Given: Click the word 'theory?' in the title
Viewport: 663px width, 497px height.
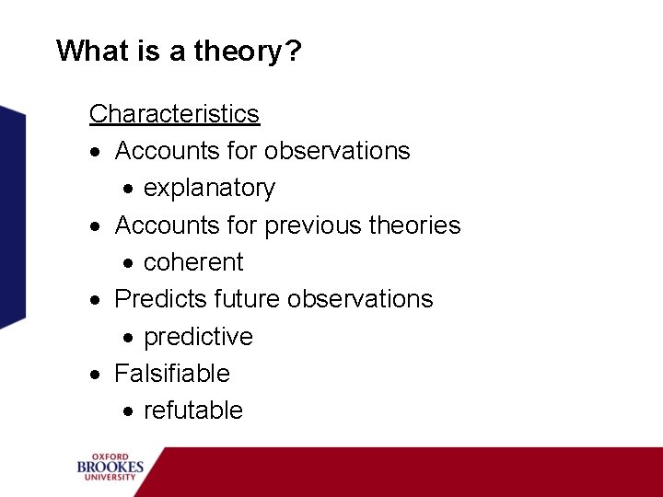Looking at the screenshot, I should click(248, 51).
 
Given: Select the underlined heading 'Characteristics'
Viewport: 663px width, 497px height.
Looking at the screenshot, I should click(174, 114).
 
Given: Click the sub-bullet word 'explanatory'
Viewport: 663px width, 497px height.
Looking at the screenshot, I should click(209, 188).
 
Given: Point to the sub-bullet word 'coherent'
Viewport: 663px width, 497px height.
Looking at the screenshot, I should click(193, 262).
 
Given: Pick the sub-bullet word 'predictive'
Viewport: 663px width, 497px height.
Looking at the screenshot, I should click(198, 337).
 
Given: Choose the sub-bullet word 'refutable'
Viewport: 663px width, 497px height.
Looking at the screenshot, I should click(193, 410).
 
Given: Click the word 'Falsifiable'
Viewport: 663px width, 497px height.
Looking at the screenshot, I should click(171, 374).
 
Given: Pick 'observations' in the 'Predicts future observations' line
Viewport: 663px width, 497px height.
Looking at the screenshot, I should click(360, 299).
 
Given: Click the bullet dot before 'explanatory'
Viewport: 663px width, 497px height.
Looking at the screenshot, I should click(130, 190).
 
